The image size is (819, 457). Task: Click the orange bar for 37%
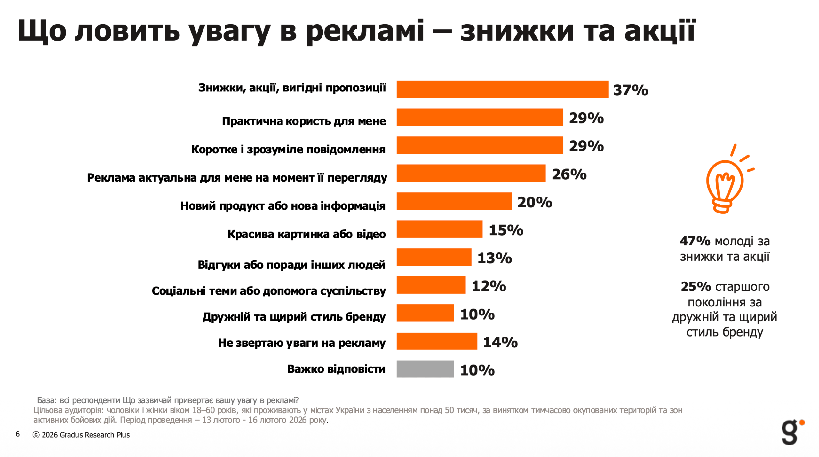502,89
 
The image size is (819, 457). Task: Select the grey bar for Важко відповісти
425,369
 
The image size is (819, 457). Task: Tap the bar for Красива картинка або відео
439,229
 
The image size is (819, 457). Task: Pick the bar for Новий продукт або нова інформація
454,201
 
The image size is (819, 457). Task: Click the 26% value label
569,174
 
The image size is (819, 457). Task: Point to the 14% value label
500,342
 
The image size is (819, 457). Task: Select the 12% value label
489,286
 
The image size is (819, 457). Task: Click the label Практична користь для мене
304,121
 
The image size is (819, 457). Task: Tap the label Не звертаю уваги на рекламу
301,343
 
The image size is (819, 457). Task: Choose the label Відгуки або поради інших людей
291,265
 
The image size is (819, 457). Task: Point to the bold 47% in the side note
695,241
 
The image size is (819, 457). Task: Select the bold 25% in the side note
696,286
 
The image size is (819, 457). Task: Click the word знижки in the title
517,31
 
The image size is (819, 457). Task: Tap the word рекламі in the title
365,31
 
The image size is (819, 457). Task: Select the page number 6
18,434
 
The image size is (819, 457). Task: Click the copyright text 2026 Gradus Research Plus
85,435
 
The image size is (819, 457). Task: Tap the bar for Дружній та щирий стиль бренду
425,313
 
